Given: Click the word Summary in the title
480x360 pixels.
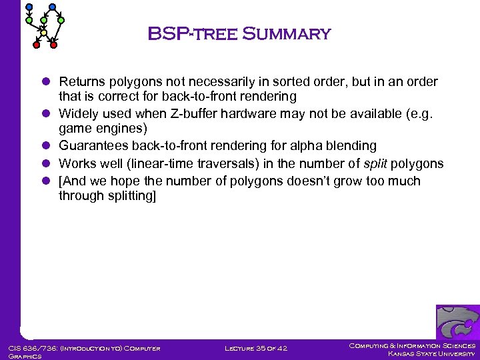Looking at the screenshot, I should click(x=287, y=33).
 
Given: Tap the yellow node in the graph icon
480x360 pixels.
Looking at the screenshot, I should click(x=43, y=32).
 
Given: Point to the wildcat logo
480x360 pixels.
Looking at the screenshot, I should click(x=457, y=323).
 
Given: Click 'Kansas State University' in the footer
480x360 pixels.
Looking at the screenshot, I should click(x=431, y=354).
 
